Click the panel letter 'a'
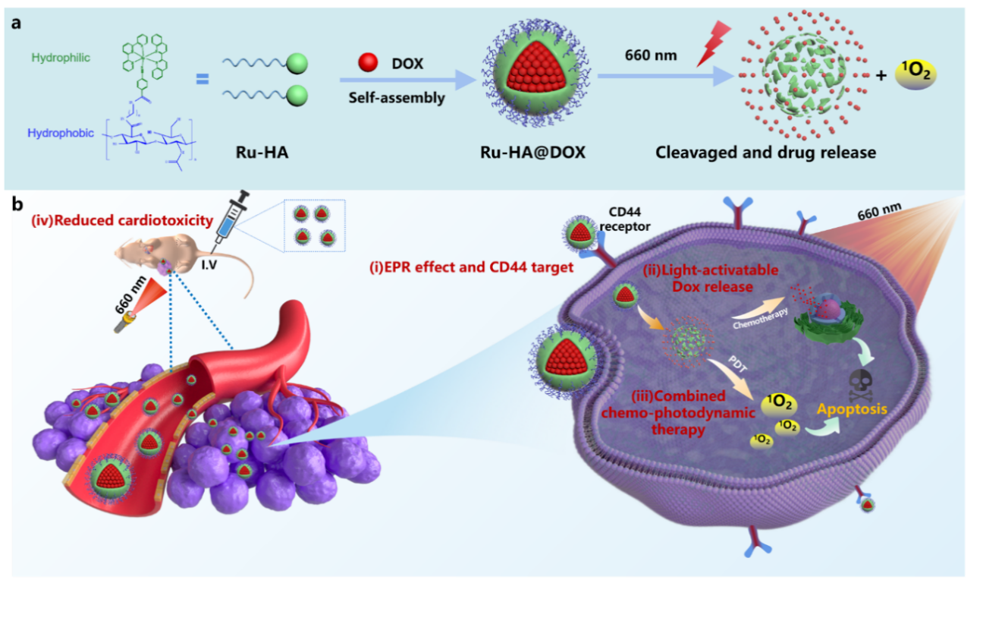click(16, 22)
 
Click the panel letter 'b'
click(16, 204)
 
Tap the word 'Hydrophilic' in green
click(55, 57)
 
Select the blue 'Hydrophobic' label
click(61, 133)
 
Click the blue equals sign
click(203, 78)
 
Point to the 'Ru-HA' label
click(263, 152)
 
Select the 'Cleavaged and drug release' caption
click(766, 152)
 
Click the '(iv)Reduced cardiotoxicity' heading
click(121, 221)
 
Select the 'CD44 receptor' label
click(627, 219)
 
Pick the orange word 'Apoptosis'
click(852, 409)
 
